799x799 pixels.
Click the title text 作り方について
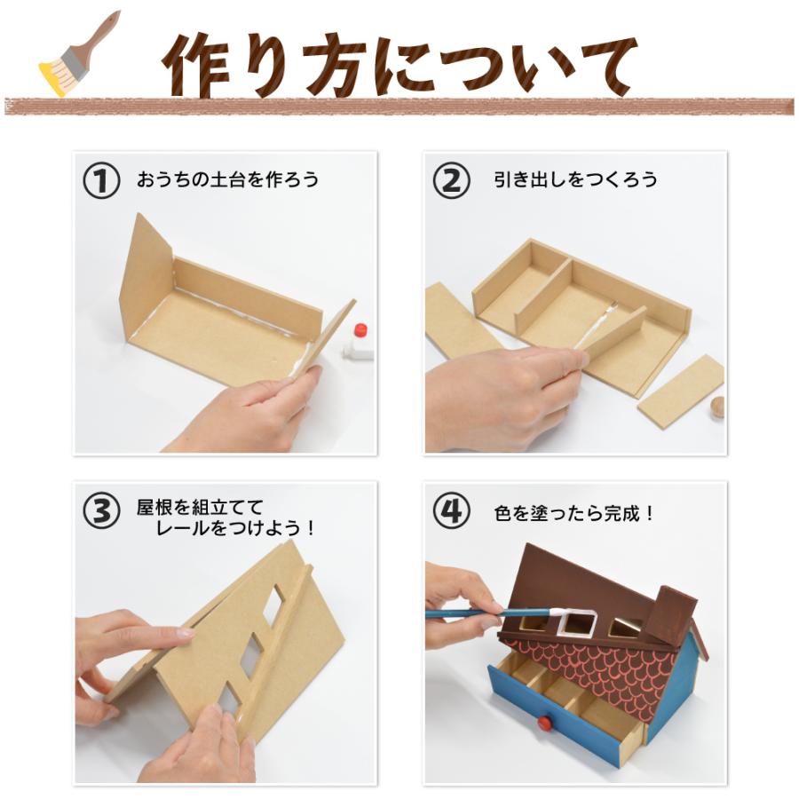(x=399, y=64)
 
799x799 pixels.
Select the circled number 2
(x=451, y=180)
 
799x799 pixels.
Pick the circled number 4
(x=451, y=511)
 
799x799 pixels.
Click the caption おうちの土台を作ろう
(x=227, y=179)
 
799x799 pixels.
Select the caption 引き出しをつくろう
(x=575, y=179)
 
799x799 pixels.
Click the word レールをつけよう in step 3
(x=235, y=528)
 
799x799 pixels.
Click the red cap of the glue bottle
(x=360, y=332)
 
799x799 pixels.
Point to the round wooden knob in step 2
(x=717, y=407)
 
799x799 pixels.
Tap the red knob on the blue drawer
(x=543, y=724)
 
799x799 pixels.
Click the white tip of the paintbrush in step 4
(x=557, y=612)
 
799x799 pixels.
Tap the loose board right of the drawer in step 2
(x=681, y=390)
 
